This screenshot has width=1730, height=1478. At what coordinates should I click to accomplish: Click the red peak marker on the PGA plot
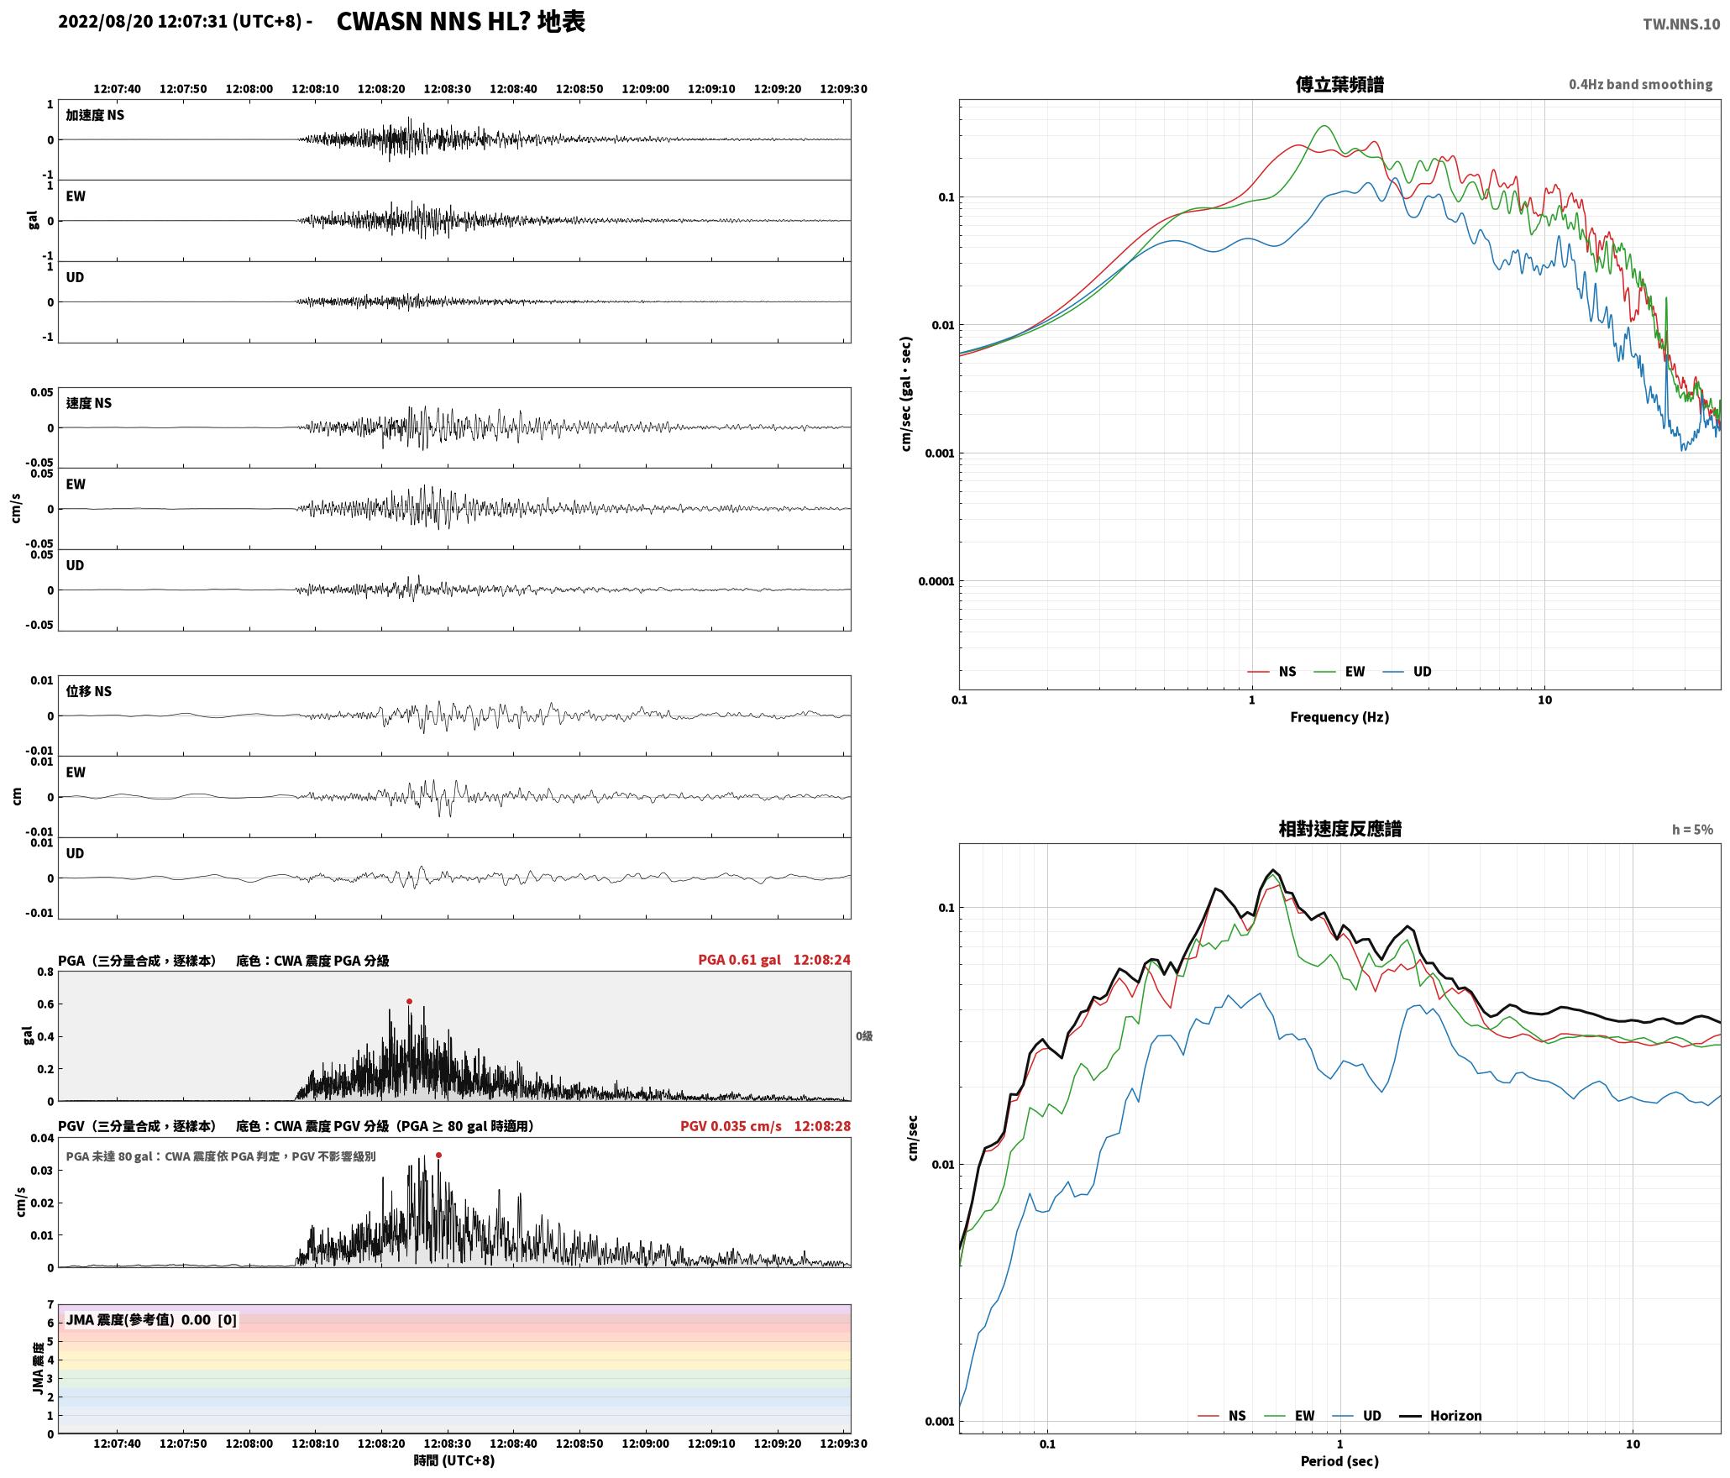[409, 1001]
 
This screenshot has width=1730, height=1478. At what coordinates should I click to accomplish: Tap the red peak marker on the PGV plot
[438, 1156]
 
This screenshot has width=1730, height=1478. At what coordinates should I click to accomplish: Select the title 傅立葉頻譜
[1339, 85]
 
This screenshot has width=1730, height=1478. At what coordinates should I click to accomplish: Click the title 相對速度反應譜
[1339, 829]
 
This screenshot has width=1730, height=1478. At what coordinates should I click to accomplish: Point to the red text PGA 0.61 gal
[739, 960]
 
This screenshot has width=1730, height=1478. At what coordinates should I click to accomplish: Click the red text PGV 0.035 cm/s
[731, 1126]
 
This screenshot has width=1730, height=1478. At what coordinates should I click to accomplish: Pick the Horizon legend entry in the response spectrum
[1440, 1416]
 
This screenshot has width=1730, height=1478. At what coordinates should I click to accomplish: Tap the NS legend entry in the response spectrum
[1222, 1416]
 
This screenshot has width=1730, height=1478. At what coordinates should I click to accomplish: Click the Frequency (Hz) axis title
[1339, 717]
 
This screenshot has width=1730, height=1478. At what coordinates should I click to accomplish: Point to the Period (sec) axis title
[1339, 1461]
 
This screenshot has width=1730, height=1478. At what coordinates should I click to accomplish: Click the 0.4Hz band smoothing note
[1640, 85]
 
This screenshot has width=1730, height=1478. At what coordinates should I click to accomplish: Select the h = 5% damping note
[1692, 830]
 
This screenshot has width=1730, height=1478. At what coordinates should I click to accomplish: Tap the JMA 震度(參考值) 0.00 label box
[151, 1320]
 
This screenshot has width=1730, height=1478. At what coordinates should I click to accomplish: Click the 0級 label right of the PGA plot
[864, 1036]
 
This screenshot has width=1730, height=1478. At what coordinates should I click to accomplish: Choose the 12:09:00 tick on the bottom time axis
[645, 1444]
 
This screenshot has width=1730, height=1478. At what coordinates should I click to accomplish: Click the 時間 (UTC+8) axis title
[453, 1461]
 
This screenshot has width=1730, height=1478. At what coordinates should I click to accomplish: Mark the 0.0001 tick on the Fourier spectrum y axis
[935, 581]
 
